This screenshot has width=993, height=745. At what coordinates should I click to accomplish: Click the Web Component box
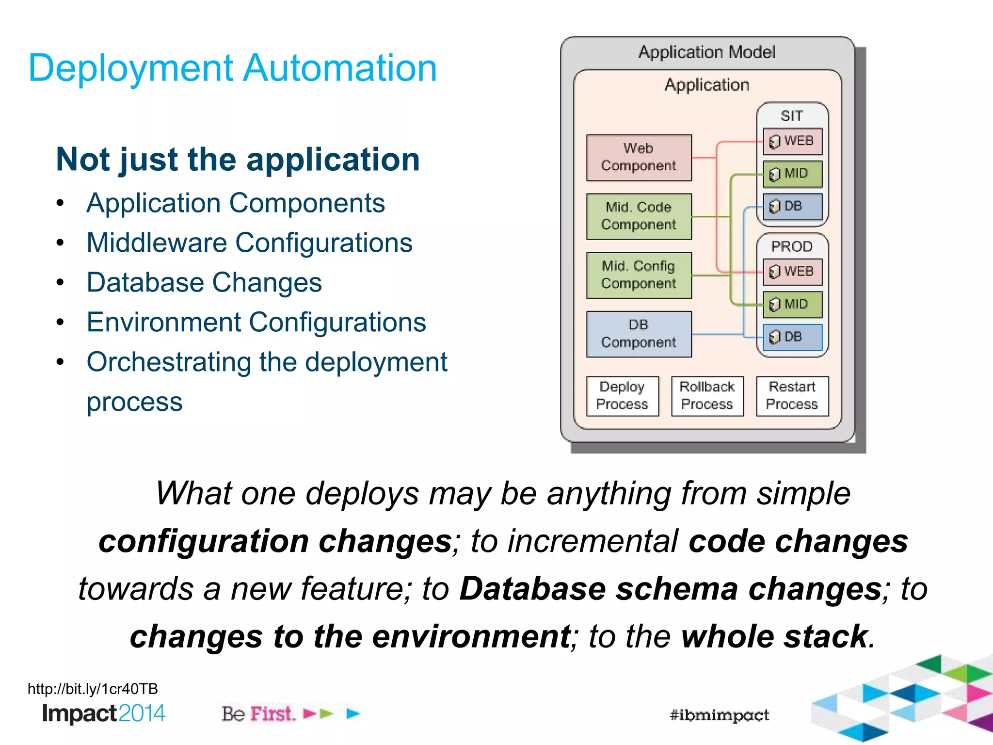point(639,157)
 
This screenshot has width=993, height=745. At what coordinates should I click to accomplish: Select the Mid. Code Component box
point(639,216)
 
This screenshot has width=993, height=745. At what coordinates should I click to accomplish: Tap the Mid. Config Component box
point(639,275)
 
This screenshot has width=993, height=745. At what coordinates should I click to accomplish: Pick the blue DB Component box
point(639,334)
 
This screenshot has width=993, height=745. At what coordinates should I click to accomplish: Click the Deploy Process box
point(622,396)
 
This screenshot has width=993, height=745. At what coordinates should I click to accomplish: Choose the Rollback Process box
point(707,396)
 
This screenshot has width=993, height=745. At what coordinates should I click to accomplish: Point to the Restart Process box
point(792,396)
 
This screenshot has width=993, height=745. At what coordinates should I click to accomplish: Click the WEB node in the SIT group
point(792,141)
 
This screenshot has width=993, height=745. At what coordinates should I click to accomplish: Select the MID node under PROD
point(792,305)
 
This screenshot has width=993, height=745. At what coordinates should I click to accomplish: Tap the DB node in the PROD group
point(792,337)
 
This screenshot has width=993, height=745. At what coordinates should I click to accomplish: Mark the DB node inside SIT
point(792,206)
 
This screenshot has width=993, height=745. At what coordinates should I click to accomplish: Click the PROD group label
point(791,246)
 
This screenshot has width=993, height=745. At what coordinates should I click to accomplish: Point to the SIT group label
point(791,116)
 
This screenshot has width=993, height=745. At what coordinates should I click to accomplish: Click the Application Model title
point(706,52)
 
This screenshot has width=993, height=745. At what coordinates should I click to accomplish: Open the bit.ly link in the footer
point(93,689)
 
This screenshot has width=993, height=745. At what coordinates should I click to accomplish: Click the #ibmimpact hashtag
point(719,715)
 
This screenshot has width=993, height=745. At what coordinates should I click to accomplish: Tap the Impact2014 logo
point(104,713)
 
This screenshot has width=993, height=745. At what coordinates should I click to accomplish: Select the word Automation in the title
point(340,68)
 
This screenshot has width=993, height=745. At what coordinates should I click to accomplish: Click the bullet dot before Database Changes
point(60,282)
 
